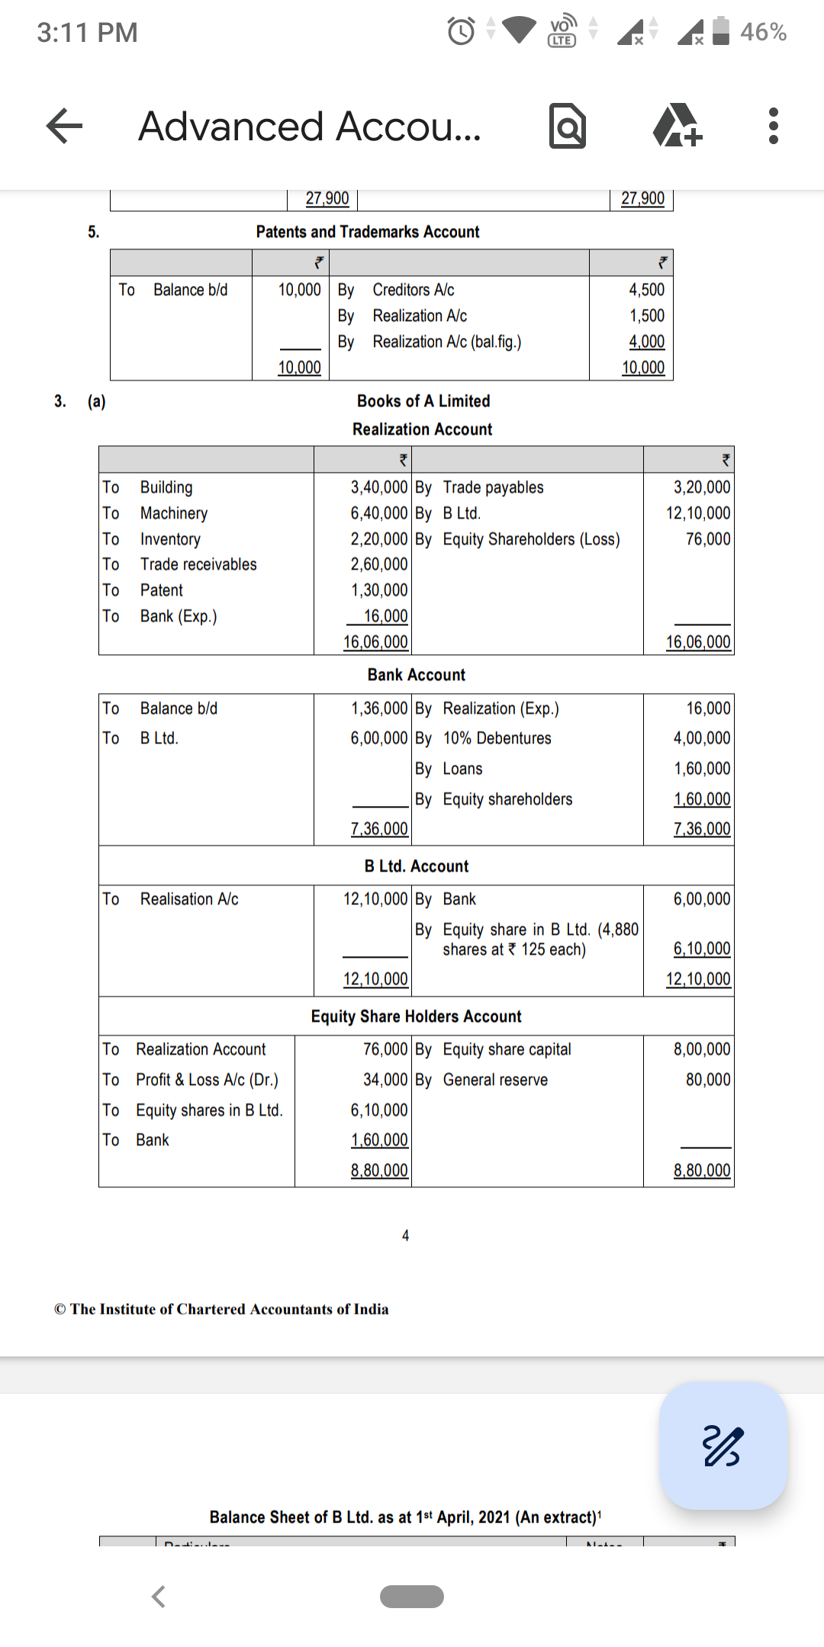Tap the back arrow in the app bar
pyautogui.click(x=65, y=126)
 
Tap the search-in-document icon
pyautogui.click(x=568, y=127)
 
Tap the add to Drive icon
pyautogui.click(x=677, y=127)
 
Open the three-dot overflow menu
pyautogui.click(x=773, y=127)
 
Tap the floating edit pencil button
pyautogui.click(x=723, y=1445)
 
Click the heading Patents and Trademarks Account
pyautogui.click(x=367, y=232)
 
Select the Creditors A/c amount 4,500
pyautogui.click(x=646, y=290)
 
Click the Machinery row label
pyautogui.click(x=173, y=513)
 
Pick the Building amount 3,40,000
pyautogui.click(x=378, y=487)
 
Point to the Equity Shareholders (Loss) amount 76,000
pyautogui.click(x=707, y=539)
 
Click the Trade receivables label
pyautogui.click(x=198, y=564)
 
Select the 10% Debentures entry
pyautogui.click(x=497, y=738)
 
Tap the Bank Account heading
pyautogui.click(x=416, y=675)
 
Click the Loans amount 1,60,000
pyautogui.click(x=701, y=769)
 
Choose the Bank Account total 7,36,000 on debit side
pyautogui.click(x=378, y=829)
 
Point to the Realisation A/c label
pyautogui.click(x=189, y=899)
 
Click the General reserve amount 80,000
pyautogui.click(x=707, y=1080)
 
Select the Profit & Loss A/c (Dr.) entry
pyautogui.click(x=207, y=1080)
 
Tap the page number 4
pyautogui.click(x=405, y=1235)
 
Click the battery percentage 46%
pyautogui.click(x=762, y=32)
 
